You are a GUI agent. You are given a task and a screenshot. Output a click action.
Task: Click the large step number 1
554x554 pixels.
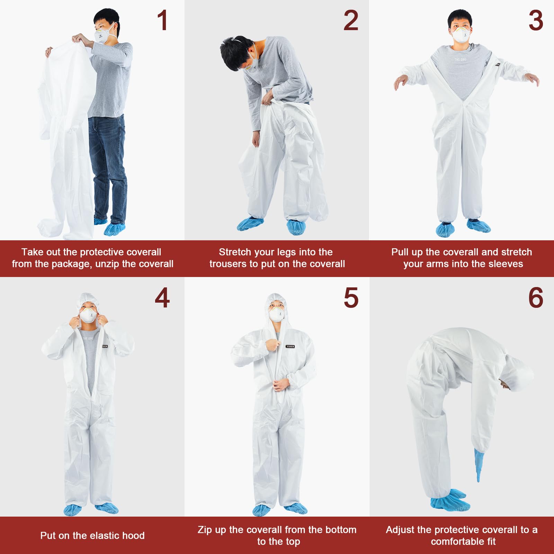coord(162,20)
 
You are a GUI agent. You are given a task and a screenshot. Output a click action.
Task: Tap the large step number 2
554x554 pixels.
coord(351,20)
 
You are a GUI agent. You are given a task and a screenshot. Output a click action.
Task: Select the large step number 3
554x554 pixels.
coord(536,20)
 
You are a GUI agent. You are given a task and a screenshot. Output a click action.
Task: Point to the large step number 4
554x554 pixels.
coord(162,298)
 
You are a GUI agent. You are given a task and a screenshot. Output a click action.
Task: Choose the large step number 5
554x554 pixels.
coord(351,298)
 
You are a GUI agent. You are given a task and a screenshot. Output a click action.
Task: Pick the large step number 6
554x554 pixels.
coord(536,298)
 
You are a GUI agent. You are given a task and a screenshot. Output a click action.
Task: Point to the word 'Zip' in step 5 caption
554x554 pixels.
coord(205,530)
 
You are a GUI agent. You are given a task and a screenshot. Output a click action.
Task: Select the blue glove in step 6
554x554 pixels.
coord(479,462)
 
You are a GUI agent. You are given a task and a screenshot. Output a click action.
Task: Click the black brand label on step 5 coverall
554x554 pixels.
coord(290,346)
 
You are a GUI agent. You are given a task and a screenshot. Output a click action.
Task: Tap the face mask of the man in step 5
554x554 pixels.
coord(277,314)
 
